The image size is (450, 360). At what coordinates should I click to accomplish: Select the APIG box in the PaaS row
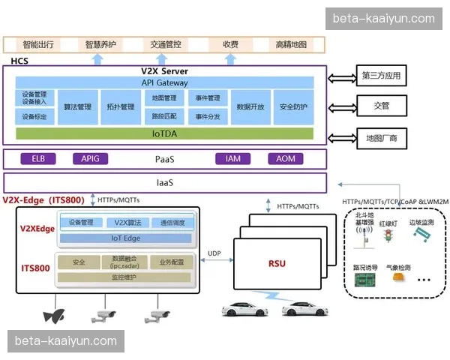pyautogui.click(x=90, y=159)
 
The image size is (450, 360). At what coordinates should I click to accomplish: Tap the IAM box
pyautogui.click(x=232, y=159)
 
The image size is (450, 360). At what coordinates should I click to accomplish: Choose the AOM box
pyautogui.click(x=285, y=159)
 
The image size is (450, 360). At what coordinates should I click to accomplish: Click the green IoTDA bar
pyautogui.click(x=164, y=133)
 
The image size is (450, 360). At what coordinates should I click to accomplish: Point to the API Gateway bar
pyautogui.click(x=164, y=82)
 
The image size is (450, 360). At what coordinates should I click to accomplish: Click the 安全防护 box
pyautogui.click(x=292, y=106)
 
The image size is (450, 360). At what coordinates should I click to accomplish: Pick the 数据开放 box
pyautogui.click(x=250, y=106)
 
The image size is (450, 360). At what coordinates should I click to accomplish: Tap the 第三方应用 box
pyautogui.click(x=381, y=76)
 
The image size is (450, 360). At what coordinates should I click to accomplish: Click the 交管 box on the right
pyautogui.click(x=381, y=106)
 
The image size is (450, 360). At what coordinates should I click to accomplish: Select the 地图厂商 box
pyautogui.click(x=381, y=139)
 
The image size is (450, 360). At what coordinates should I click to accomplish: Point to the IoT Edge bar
pyautogui.click(x=126, y=238)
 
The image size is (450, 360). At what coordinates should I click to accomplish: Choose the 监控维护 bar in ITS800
pyautogui.click(x=126, y=277)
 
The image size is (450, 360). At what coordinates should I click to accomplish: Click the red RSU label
pyautogui.click(x=277, y=263)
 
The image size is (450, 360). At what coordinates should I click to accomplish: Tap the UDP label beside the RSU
pyautogui.click(x=215, y=254)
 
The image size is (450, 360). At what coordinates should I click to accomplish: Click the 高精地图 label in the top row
pyautogui.click(x=292, y=44)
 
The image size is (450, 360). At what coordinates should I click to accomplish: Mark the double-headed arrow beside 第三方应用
pyautogui.click(x=342, y=76)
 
